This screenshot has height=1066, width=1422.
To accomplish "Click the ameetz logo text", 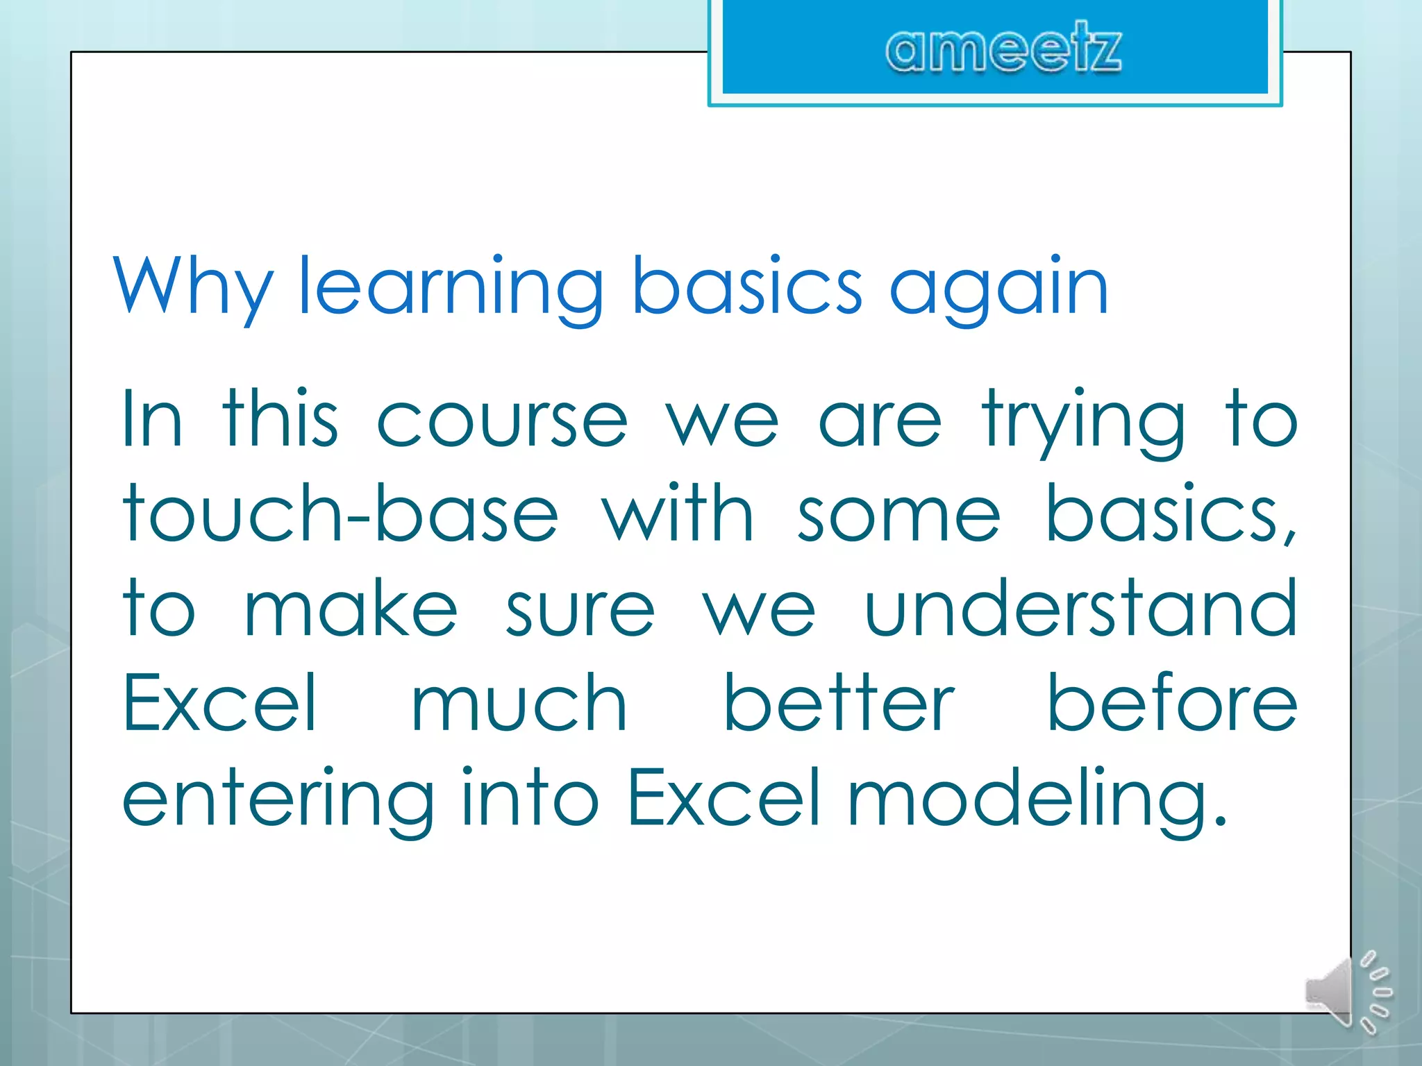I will [x=1003, y=49].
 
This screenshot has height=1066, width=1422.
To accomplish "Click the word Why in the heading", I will [x=193, y=286].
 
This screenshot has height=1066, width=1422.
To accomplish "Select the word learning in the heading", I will [x=451, y=286].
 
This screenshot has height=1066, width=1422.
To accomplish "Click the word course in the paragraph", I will [x=502, y=421].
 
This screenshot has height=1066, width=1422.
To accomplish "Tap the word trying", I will [x=1083, y=421].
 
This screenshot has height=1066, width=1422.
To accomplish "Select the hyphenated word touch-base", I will [x=340, y=515].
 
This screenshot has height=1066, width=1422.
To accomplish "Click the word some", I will [x=899, y=515].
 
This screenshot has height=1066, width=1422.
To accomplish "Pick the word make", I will [x=351, y=609].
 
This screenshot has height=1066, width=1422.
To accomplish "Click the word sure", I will [x=580, y=609].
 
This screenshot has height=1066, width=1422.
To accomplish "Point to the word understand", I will [x=1080, y=609].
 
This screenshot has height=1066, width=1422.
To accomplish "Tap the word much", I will [x=519, y=704].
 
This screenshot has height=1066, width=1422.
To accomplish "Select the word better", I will [x=839, y=704].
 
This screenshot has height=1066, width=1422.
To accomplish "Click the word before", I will [x=1171, y=704].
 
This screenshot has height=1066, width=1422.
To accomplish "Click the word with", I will [x=678, y=515].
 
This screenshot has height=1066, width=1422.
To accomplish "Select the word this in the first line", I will [x=281, y=421].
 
